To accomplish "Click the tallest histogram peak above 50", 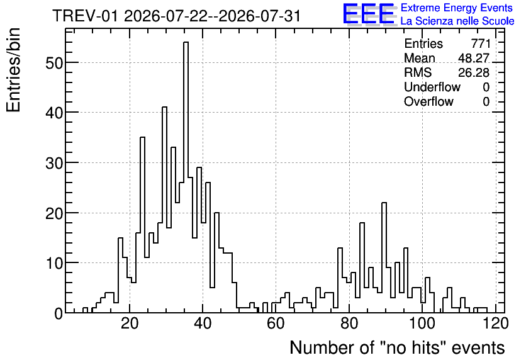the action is pos(186,42).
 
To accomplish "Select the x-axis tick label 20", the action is pos(130,323).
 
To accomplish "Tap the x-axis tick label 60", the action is pos(276,323).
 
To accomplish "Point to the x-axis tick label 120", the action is pos(495,323).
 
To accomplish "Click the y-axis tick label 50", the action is pos(54,63).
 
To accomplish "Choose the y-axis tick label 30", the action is pos(54,163).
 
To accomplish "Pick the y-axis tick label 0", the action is pos(59,313).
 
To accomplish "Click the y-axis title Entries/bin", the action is pos(13,70).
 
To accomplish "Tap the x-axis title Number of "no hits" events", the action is pos(397,347).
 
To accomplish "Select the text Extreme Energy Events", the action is pos(457,8).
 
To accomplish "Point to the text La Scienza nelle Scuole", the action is pos(457,21).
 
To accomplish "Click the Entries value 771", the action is pos(481,43).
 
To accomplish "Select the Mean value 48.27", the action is pos(474,58).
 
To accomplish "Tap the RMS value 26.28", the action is pos(474,72).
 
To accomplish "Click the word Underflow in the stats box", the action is pos(432,87).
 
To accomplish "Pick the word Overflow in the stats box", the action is pos(428,101).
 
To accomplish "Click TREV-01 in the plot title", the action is pos(86,16).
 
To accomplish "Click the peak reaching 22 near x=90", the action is pos(384,203).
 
